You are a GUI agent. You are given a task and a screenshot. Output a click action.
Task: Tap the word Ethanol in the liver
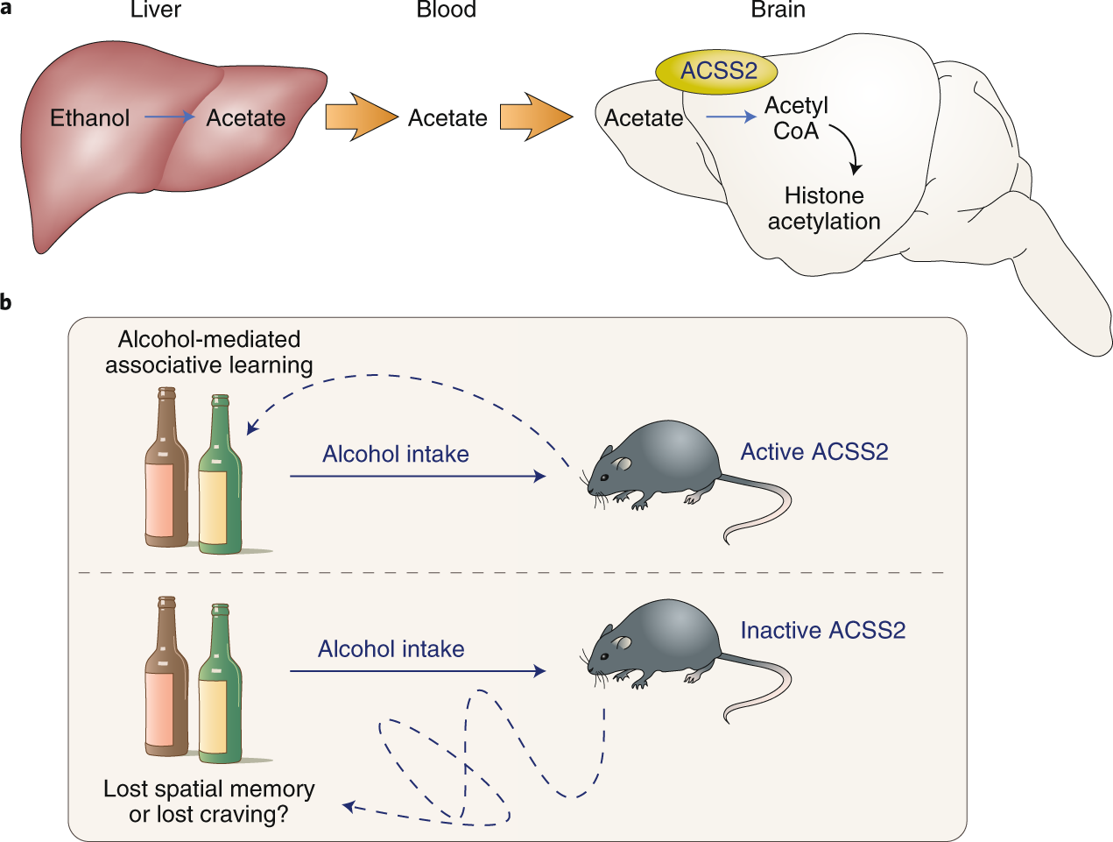pyautogui.click(x=89, y=118)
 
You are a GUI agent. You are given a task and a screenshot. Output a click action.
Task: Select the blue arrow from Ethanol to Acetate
pyautogui.click(x=169, y=117)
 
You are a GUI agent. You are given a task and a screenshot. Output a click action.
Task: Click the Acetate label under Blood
pyautogui.click(x=447, y=118)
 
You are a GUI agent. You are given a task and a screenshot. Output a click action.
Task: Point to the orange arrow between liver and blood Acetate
pyautogui.click(x=359, y=117)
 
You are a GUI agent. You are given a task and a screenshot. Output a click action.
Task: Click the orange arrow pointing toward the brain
pyautogui.click(x=534, y=117)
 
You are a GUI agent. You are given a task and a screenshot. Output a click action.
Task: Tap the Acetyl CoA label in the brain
pyautogui.click(x=796, y=118)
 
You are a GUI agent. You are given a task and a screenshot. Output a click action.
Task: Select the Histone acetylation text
pyautogui.click(x=824, y=209)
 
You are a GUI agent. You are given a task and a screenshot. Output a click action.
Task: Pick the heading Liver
pyautogui.click(x=155, y=11)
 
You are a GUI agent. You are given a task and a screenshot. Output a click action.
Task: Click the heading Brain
pyautogui.click(x=778, y=11)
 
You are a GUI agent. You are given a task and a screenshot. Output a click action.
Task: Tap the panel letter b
pyautogui.click(x=6, y=303)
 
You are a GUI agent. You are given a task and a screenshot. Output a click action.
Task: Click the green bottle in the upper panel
pyautogui.click(x=220, y=482)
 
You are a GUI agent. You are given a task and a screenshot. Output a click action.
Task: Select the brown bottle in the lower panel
pyautogui.click(x=166, y=683)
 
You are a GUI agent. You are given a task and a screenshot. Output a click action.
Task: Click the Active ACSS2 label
pyautogui.click(x=814, y=452)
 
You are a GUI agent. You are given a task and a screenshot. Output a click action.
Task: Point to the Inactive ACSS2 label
pyautogui.click(x=822, y=631)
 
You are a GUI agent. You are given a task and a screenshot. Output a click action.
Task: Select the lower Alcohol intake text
pyautogui.click(x=391, y=649)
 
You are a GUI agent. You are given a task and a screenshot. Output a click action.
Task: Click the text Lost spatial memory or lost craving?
pyautogui.click(x=208, y=802)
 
